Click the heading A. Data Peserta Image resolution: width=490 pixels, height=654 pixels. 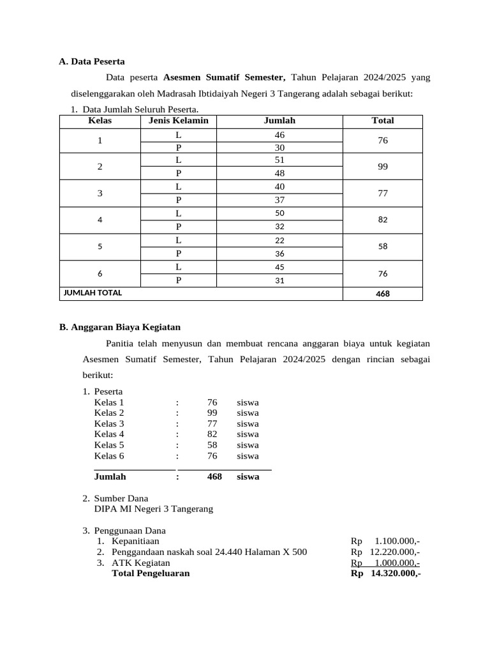point(92,61)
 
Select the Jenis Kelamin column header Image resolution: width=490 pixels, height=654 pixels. point(178,121)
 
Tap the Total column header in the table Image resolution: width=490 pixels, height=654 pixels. point(382,121)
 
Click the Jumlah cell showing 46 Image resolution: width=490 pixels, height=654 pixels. point(279,135)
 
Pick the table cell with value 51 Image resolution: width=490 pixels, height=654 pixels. point(279,160)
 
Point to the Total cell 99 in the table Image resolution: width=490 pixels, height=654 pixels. point(382,167)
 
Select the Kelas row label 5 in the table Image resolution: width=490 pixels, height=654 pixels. point(100,247)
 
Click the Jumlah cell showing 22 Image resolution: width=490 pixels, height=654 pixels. point(279,240)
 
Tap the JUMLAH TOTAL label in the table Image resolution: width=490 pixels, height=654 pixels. point(93,293)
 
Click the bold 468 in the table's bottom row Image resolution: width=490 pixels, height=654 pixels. point(382,294)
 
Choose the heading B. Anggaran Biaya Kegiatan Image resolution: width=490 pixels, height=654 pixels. point(120,327)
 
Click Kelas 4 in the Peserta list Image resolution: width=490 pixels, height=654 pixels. point(109,434)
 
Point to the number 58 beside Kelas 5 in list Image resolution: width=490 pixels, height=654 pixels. point(212,445)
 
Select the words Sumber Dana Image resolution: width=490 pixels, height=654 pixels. point(121,498)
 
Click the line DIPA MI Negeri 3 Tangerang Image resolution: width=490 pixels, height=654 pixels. point(153,509)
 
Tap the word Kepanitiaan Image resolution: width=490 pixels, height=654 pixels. point(136,541)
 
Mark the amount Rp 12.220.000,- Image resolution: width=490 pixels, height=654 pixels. point(385,552)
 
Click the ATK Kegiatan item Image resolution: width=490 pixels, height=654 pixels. point(140,563)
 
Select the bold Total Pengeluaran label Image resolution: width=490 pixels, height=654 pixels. point(151,574)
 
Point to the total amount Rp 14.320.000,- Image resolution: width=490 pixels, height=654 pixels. point(385,574)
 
